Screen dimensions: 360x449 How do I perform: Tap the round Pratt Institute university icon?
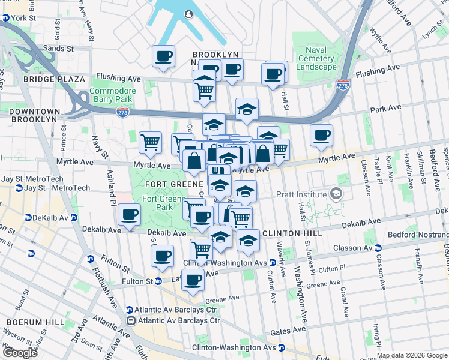pyautogui.click(x=336, y=194)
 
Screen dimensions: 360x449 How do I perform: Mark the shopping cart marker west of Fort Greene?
pyautogui.click(x=150, y=142)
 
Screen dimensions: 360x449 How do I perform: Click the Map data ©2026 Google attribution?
pyautogui.click(x=412, y=356)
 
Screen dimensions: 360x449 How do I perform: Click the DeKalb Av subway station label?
pyautogui.click(x=46, y=217)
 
